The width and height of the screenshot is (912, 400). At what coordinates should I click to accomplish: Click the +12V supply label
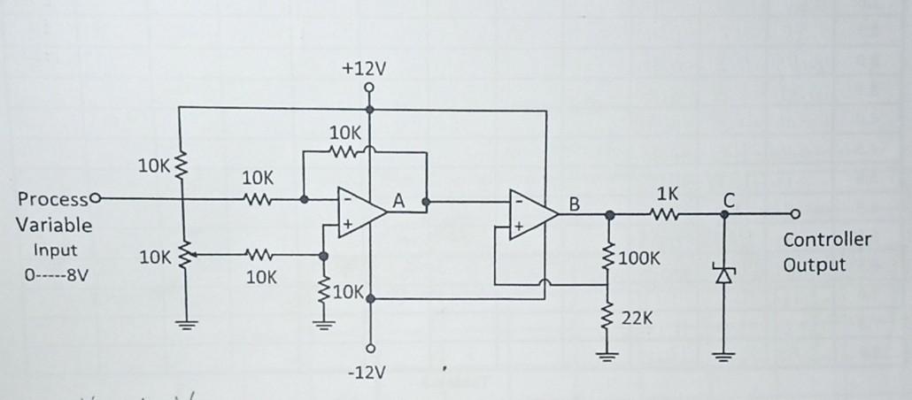point(367,69)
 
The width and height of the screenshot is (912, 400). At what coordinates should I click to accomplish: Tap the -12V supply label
point(367,373)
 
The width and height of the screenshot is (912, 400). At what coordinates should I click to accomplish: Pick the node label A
point(398,203)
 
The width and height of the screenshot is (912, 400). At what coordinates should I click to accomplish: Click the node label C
point(728,202)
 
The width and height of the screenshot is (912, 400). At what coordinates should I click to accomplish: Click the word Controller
point(827,240)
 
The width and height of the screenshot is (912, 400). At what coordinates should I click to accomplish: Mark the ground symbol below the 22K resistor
point(607,357)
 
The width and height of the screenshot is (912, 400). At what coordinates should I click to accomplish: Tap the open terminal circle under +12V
point(367,88)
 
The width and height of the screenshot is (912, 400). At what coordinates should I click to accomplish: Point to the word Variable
point(54,225)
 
